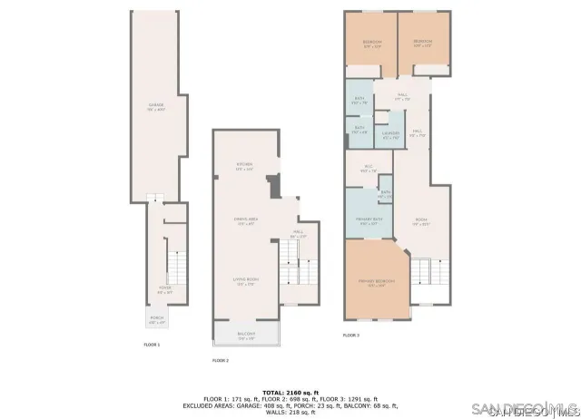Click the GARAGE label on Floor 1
(x=156, y=108)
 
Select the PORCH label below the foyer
(x=156, y=319)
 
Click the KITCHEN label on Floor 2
(x=243, y=166)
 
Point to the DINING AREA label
(x=243, y=221)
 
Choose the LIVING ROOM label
(x=246, y=282)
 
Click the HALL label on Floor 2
(x=298, y=234)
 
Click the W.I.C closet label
(x=369, y=168)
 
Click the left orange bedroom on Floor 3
(x=372, y=43)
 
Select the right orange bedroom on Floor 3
(x=423, y=43)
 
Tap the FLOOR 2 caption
(x=221, y=360)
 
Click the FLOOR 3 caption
(x=351, y=335)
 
